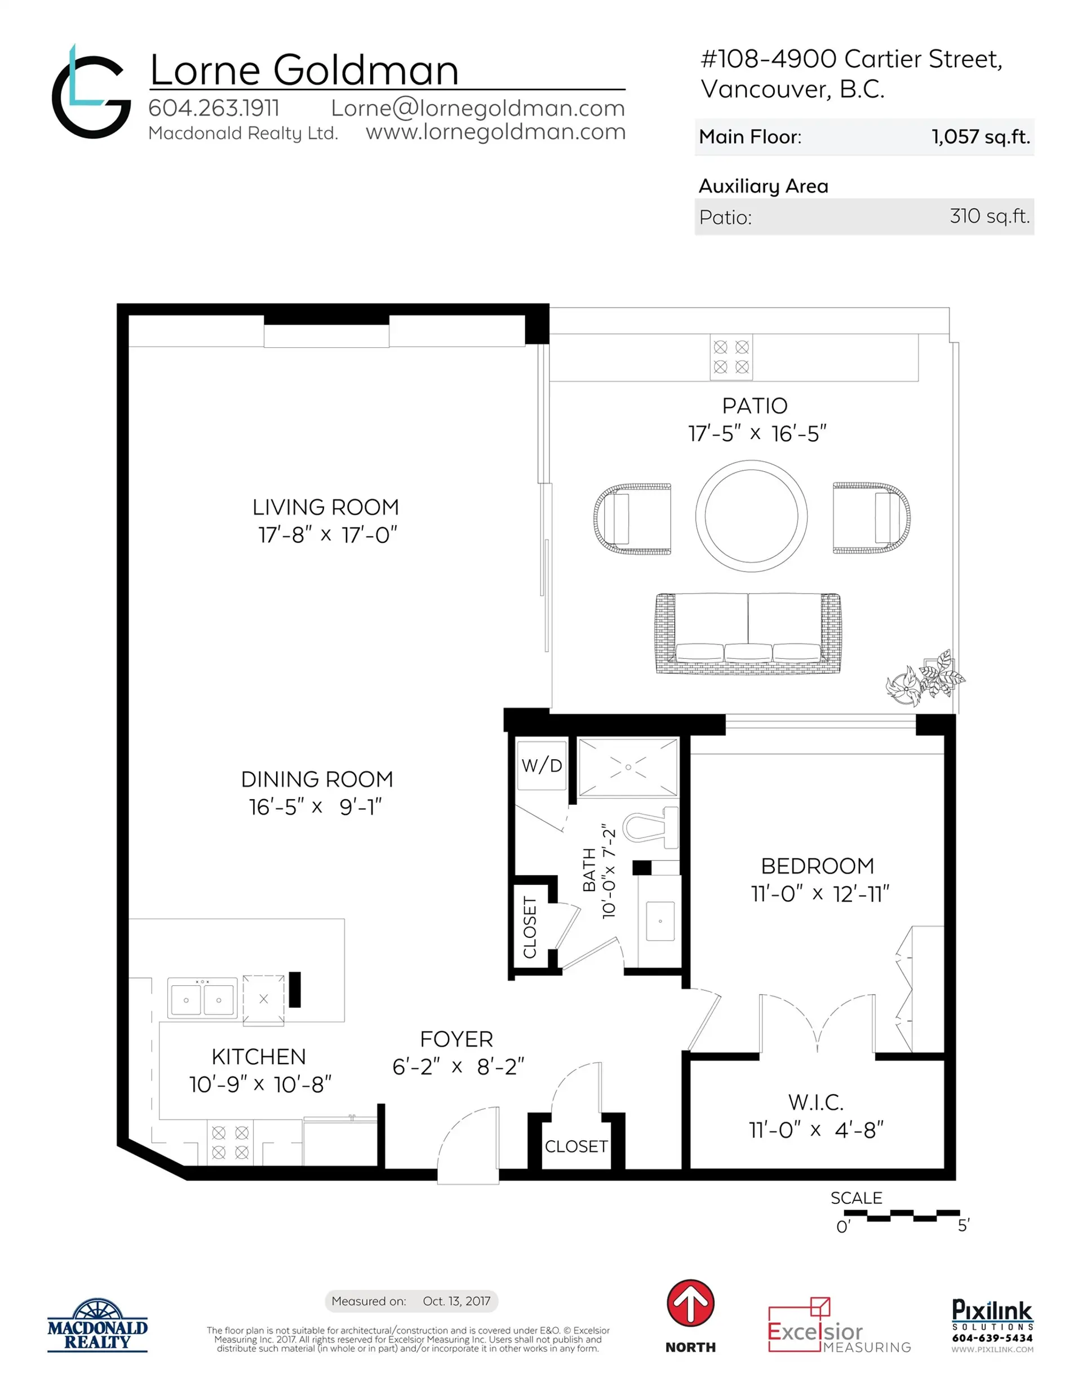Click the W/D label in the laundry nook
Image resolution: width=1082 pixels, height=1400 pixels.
click(x=541, y=765)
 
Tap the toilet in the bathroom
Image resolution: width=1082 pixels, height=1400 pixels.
click(x=648, y=827)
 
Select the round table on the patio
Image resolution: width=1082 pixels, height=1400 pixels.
click(x=751, y=515)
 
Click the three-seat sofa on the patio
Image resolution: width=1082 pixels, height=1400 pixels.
click(x=748, y=633)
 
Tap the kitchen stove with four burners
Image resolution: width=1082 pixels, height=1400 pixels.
click(x=229, y=1143)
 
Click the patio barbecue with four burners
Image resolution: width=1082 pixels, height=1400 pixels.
click(x=731, y=356)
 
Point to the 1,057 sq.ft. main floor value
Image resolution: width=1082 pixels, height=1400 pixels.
click(x=980, y=136)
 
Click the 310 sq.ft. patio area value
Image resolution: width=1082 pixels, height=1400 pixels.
click(x=989, y=216)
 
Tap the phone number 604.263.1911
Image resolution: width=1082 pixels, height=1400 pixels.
click(x=214, y=108)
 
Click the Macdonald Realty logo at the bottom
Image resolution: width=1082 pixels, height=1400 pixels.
click(x=97, y=1326)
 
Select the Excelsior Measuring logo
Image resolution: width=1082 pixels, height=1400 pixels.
click(x=839, y=1327)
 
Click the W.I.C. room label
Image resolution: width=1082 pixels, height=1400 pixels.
click(x=815, y=1102)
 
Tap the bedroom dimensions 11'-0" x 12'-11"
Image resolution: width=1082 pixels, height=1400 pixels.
click(x=820, y=893)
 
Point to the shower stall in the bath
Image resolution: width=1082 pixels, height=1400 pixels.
click(x=628, y=767)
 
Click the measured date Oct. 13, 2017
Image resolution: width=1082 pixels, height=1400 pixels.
click(x=456, y=1301)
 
